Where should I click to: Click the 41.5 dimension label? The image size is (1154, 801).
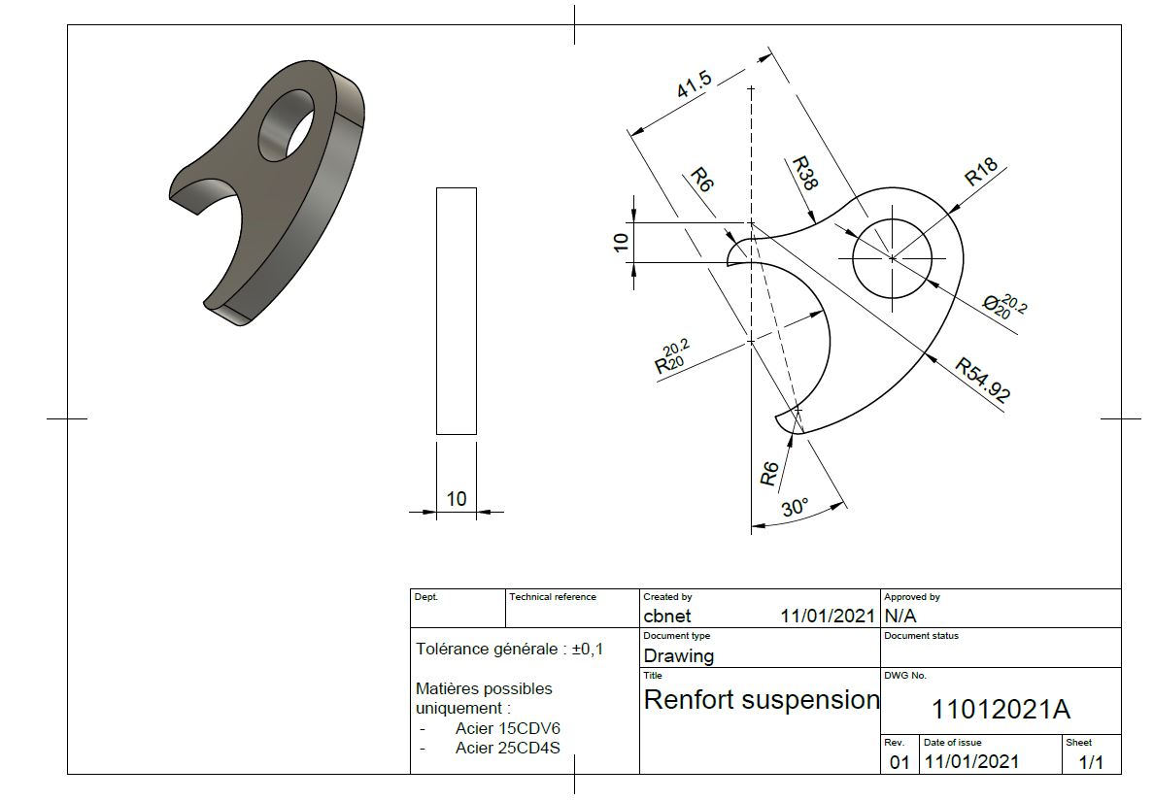[x=695, y=83]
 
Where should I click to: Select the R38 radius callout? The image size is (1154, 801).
[x=804, y=174]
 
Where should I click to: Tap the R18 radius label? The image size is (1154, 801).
[x=981, y=171]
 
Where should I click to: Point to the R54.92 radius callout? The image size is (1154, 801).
[x=982, y=380]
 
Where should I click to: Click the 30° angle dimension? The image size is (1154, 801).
[x=795, y=508]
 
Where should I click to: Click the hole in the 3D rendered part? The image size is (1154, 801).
[x=286, y=125]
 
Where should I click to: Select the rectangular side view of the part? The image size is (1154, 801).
[x=457, y=311]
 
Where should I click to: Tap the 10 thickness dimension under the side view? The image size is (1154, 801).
[x=457, y=499]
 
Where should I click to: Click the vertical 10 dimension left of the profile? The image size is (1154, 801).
[x=621, y=242]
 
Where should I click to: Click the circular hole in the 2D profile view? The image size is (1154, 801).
[x=892, y=258]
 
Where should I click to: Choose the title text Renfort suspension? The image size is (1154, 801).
[x=762, y=699]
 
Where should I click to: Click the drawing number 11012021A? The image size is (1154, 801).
[x=1001, y=709]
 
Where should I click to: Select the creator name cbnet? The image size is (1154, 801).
[x=667, y=616]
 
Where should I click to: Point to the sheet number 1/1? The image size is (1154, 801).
[x=1092, y=762]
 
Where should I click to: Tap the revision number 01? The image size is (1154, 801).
[x=899, y=762]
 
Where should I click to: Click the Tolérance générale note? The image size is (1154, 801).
[x=509, y=649]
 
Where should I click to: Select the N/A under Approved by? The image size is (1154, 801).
[x=900, y=616]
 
